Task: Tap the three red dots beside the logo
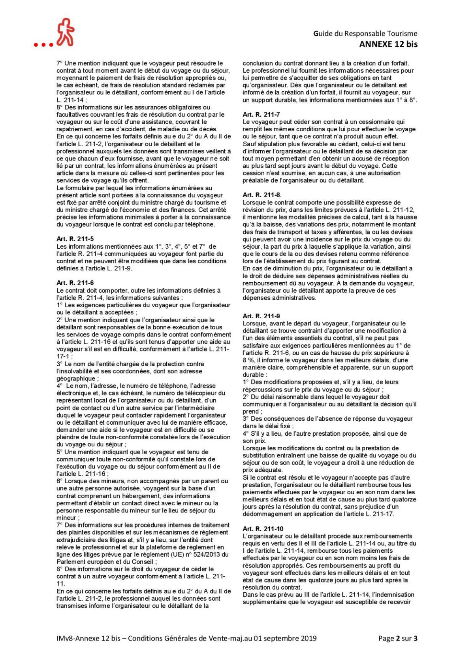(x=43, y=45)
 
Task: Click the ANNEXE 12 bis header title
(x=388, y=44)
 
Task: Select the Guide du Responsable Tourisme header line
(x=365, y=34)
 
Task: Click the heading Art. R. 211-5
(x=75, y=239)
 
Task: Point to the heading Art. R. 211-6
(x=75, y=283)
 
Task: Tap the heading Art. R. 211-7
(x=261, y=114)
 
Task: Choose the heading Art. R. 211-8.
(x=261, y=195)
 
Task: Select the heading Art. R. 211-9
(x=261, y=316)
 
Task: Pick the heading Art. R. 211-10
(x=263, y=529)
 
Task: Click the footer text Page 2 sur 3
(x=397, y=638)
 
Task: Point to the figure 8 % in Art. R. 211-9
(x=248, y=360)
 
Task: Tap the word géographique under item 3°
(x=76, y=378)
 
